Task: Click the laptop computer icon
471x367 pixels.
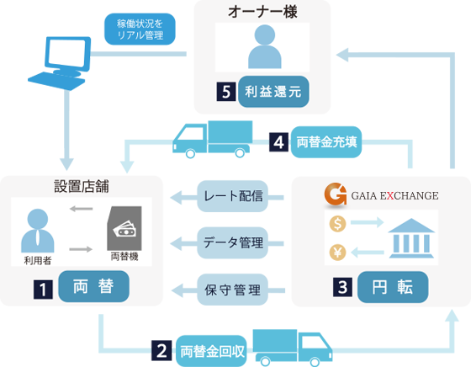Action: point(60,63)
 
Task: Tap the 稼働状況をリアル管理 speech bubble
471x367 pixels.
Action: point(140,29)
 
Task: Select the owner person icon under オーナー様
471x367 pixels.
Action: point(265,46)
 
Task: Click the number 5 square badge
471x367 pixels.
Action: point(226,92)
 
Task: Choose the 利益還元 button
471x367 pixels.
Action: point(273,92)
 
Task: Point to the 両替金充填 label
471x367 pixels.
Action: point(326,142)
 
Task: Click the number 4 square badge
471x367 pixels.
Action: point(278,142)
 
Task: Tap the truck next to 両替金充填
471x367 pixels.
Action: point(212,139)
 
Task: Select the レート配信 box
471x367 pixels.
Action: point(232,196)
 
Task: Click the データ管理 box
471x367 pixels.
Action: point(232,242)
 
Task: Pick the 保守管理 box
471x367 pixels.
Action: point(232,290)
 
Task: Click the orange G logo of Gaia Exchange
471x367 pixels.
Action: point(336,194)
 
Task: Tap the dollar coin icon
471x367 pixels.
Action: point(337,224)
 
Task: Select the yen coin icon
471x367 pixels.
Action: point(337,253)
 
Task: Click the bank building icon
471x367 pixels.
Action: point(411,238)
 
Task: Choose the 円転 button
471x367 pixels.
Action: point(393,287)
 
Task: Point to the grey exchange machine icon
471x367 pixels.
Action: point(124,228)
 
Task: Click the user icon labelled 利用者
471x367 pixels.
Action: point(38,231)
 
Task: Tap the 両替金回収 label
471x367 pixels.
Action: point(211,351)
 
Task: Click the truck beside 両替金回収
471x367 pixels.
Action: point(293,348)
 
